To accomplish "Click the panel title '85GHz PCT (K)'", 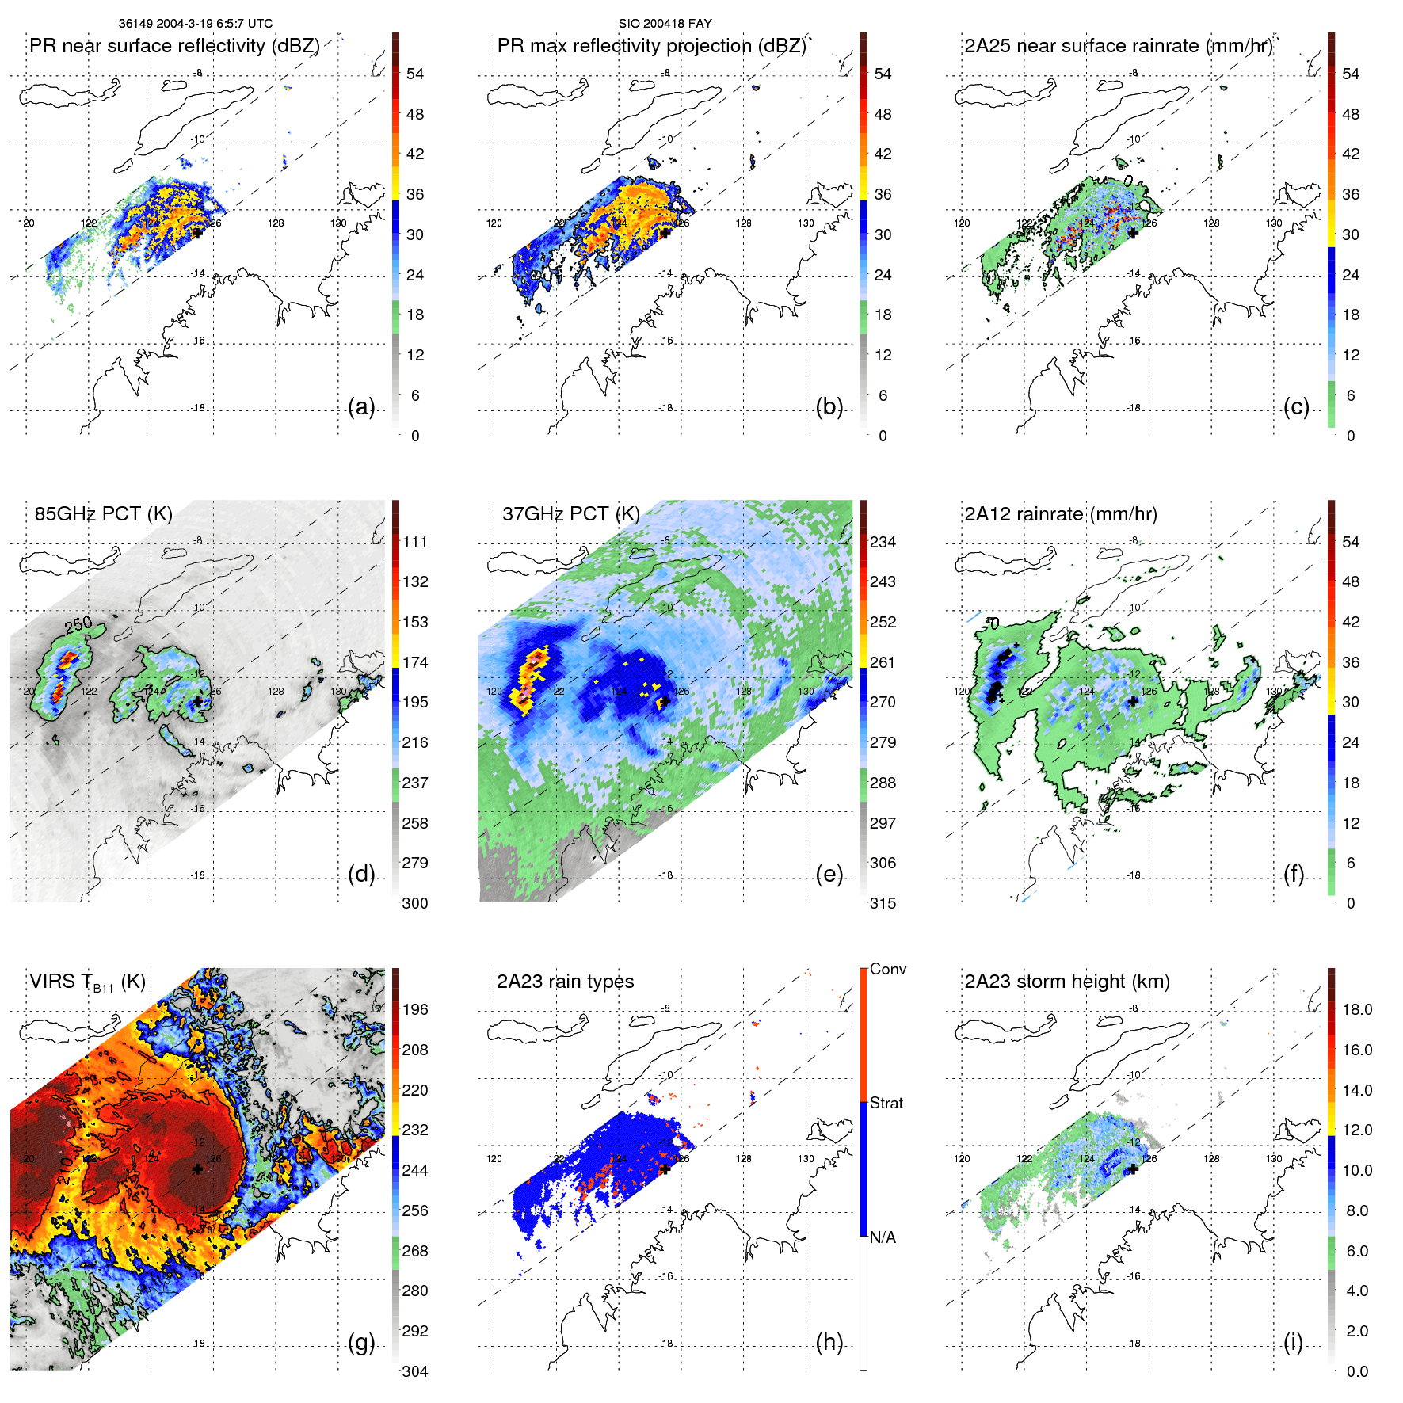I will click(103, 513).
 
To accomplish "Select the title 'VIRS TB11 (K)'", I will click(87, 982).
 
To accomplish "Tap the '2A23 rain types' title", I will click(565, 982).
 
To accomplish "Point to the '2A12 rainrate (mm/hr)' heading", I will click(1060, 513).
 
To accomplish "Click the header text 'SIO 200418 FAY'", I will click(665, 23).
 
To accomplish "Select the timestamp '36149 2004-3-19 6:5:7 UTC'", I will click(195, 23).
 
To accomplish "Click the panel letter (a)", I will click(361, 406).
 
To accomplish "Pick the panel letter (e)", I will click(829, 874).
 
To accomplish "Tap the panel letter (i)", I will click(1293, 1342).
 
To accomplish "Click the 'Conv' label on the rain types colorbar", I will click(887, 969).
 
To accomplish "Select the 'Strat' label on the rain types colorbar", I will click(886, 1103).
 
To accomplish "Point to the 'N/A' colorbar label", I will click(883, 1237).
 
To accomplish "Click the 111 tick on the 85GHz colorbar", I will click(415, 542).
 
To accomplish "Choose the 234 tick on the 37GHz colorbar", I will click(883, 542).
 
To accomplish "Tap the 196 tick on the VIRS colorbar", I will click(415, 1009).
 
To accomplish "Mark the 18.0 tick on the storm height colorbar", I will click(1356, 1009).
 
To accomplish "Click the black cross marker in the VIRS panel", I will click(197, 1169).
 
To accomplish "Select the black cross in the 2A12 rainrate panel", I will click(1133, 701).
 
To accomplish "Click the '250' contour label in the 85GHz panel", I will click(79, 625).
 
